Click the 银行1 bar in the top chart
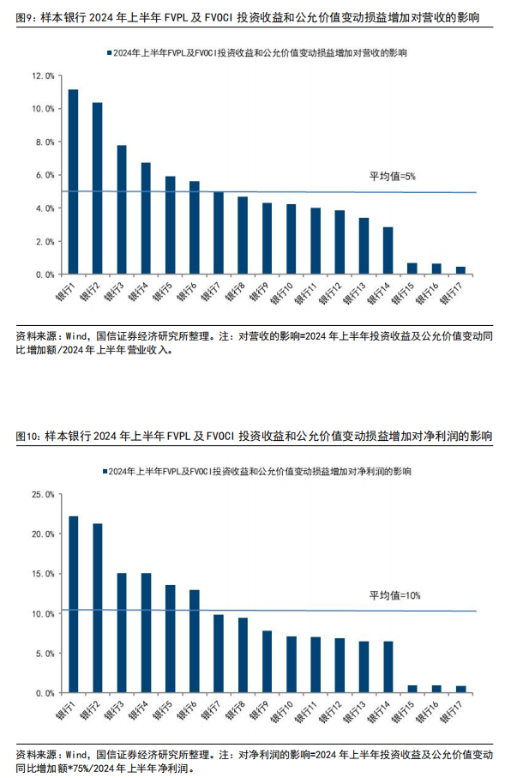coord(73,182)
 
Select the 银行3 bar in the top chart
coord(122,210)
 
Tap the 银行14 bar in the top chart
coord(388,250)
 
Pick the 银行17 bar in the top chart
coord(460,270)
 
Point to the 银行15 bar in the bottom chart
coord(412,689)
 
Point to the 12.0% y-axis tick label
coord(43,75)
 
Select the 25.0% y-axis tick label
coord(43,494)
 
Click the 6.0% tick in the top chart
coord(45,175)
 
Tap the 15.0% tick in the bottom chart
coord(43,574)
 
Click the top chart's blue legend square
coord(107,53)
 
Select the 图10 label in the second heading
coord(27,437)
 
